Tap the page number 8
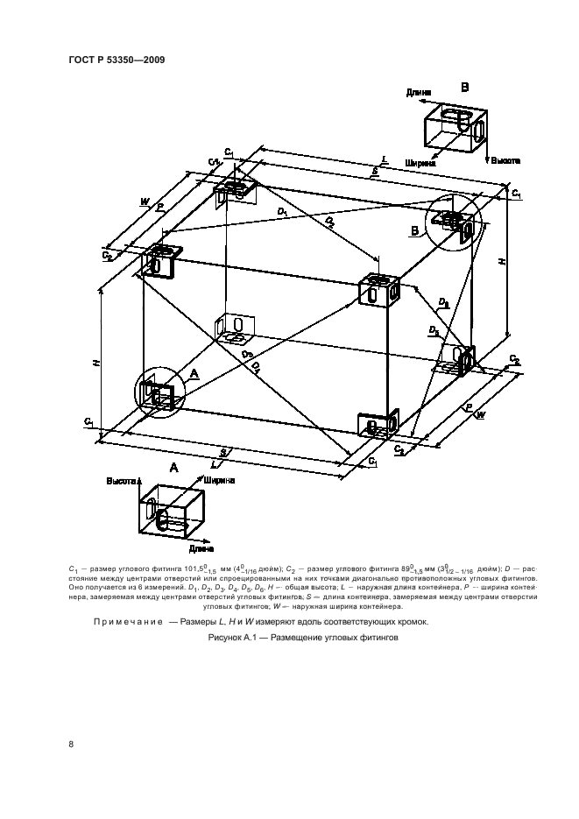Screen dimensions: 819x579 coord(71,745)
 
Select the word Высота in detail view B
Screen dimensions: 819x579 coord(505,161)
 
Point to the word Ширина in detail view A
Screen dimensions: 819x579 coord(219,481)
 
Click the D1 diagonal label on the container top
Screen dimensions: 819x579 coord(282,211)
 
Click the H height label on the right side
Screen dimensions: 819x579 coord(502,260)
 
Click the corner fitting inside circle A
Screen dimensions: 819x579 coord(159,392)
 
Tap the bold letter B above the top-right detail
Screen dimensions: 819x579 coord(465,88)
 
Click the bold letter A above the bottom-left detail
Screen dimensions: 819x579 coord(173,469)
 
